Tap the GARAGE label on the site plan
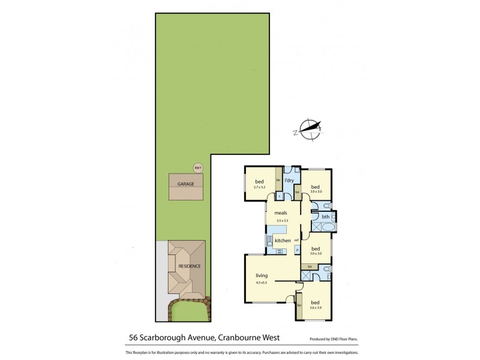point(185,184)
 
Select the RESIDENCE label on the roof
point(189,266)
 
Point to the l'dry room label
point(287,180)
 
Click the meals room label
point(280,212)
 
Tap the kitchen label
point(283,241)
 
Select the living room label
point(261,277)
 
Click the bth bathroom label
point(325,217)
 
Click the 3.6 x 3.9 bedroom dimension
point(315,308)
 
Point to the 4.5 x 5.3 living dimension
point(261,284)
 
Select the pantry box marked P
point(296,250)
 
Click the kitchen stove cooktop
point(280,250)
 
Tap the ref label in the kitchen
point(296,239)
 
